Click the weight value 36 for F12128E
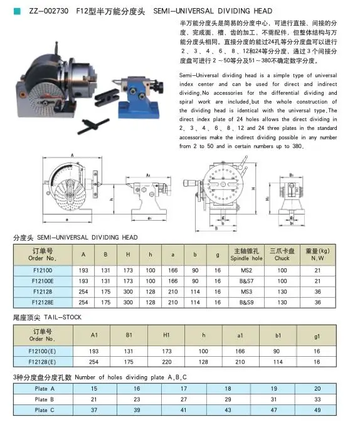[317, 302]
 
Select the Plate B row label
[45, 399]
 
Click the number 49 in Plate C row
[317, 409]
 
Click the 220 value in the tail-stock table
[167, 362]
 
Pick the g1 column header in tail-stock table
[317, 335]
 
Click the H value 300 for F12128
[127, 292]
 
